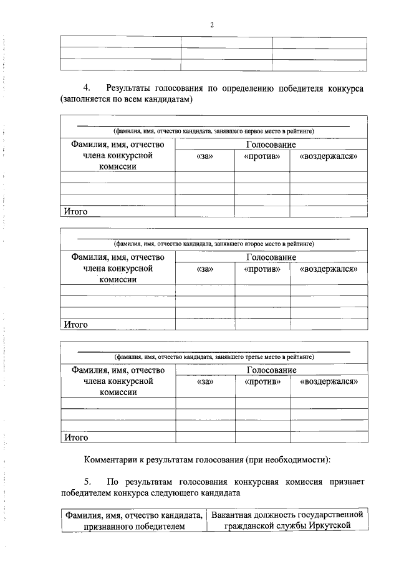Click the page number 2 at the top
pyautogui.click(x=212, y=25)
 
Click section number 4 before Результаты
pyautogui.click(x=87, y=88)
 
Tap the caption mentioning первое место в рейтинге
pyautogui.click(x=214, y=131)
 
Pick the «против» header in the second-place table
pyautogui.click(x=262, y=269)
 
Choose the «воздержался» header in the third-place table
pyautogui.click(x=329, y=381)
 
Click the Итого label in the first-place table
pyautogui.click(x=75, y=212)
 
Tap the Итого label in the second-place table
pyautogui.click(x=75, y=325)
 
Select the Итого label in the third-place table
pyautogui.click(x=75, y=437)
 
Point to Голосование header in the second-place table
pyautogui.click(x=271, y=257)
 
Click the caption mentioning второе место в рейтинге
pyautogui.click(x=214, y=244)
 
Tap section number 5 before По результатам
pyautogui.click(x=87, y=482)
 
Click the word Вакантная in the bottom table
pyautogui.click(x=233, y=515)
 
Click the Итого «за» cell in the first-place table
pyautogui.click(x=204, y=212)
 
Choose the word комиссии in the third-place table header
pyautogui.click(x=118, y=393)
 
